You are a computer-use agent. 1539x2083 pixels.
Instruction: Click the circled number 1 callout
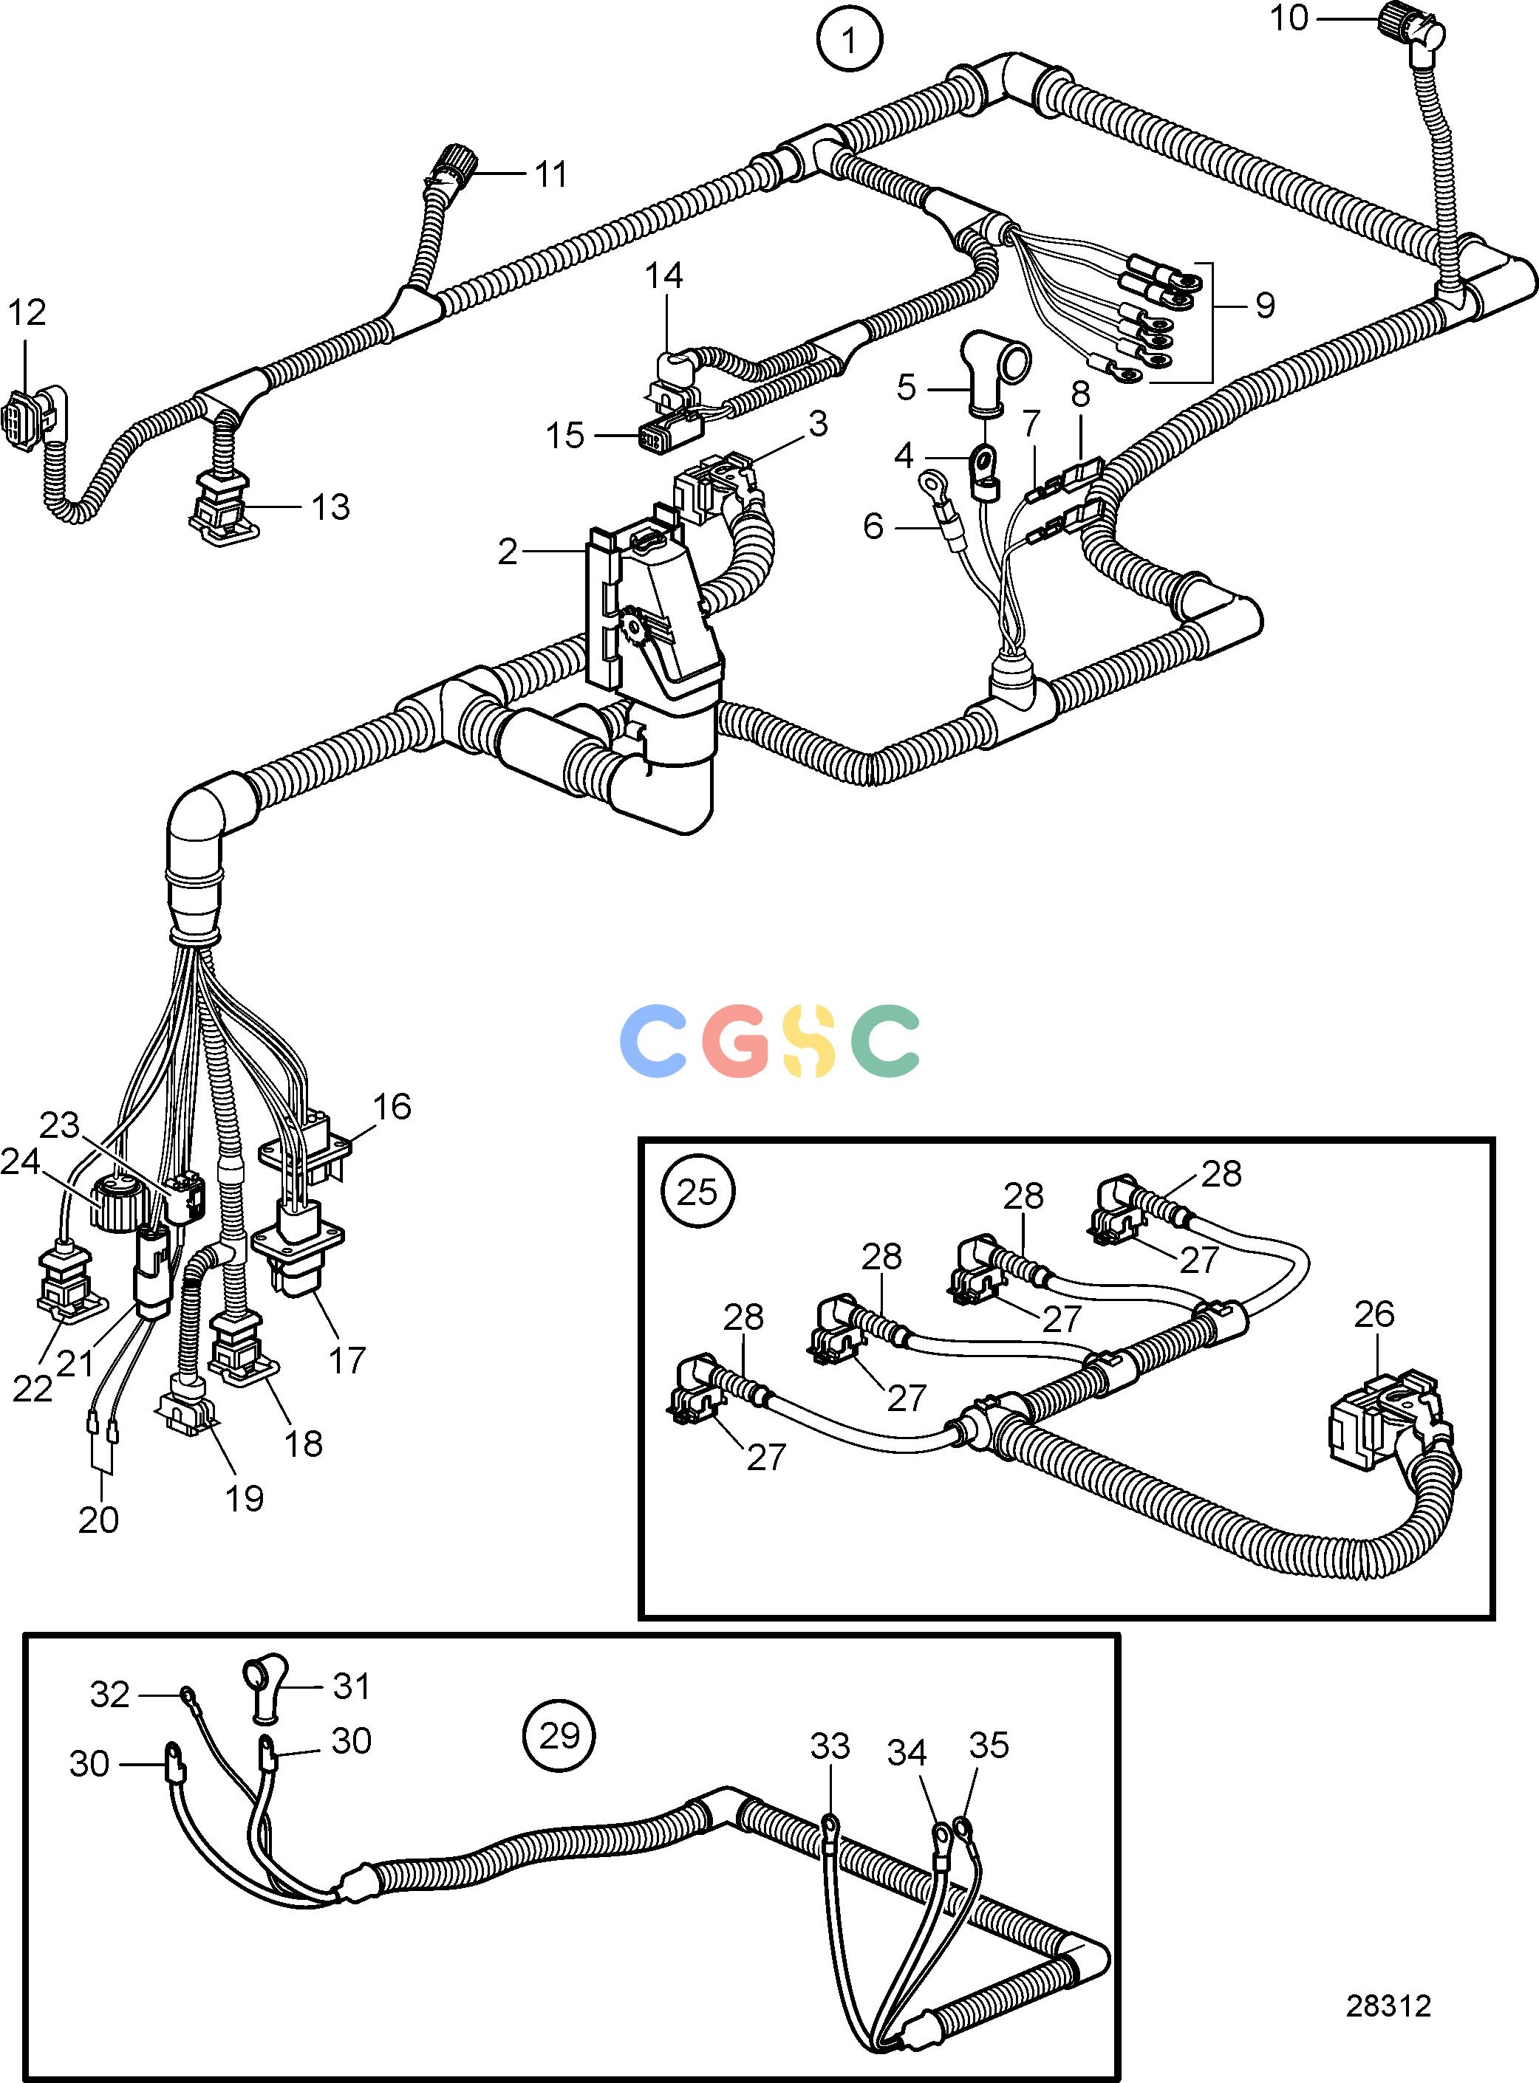click(x=849, y=40)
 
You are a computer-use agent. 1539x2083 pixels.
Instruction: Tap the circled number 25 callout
click(x=697, y=1192)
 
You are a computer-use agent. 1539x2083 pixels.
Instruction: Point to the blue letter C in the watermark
click(x=657, y=1041)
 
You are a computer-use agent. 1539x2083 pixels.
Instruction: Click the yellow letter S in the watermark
click(x=808, y=1041)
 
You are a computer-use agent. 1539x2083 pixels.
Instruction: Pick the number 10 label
click(x=1289, y=18)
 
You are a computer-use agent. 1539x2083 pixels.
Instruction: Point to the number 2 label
click(x=507, y=552)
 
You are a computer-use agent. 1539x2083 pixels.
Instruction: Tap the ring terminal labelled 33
click(x=828, y=1829)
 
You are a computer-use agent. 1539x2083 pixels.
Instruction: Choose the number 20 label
click(x=99, y=1520)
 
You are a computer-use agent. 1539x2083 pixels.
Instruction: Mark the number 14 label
click(x=664, y=275)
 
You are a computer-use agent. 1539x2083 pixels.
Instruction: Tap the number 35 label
click(x=989, y=1745)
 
